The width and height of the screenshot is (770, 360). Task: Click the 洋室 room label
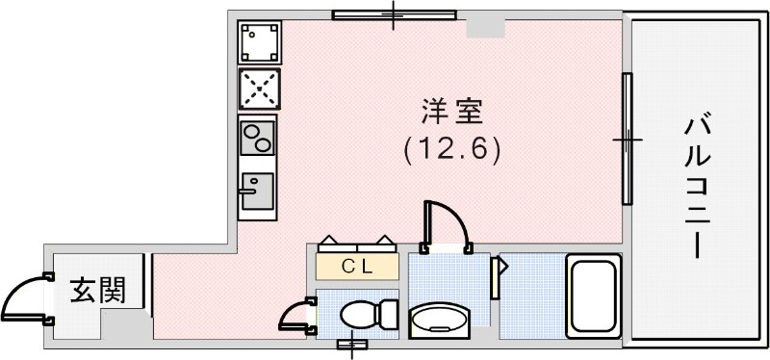[451, 111]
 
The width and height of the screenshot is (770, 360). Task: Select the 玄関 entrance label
[99, 290]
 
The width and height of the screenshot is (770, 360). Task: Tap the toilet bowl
[361, 314]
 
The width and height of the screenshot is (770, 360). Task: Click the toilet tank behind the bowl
[389, 314]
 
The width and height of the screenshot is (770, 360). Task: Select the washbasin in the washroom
[440, 320]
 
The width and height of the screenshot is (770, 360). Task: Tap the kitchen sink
[257, 191]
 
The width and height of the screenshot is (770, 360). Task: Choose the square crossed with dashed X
[258, 89]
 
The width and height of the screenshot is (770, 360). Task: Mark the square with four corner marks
[259, 40]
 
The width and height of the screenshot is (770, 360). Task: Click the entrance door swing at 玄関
[24, 297]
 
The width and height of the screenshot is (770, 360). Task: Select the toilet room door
[296, 316]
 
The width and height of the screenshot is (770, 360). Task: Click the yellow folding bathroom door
[499, 276]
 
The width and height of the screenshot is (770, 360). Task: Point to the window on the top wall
[394, 14]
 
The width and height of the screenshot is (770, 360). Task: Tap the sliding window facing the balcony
[627, 140]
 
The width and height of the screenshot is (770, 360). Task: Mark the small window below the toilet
[352, 344]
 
